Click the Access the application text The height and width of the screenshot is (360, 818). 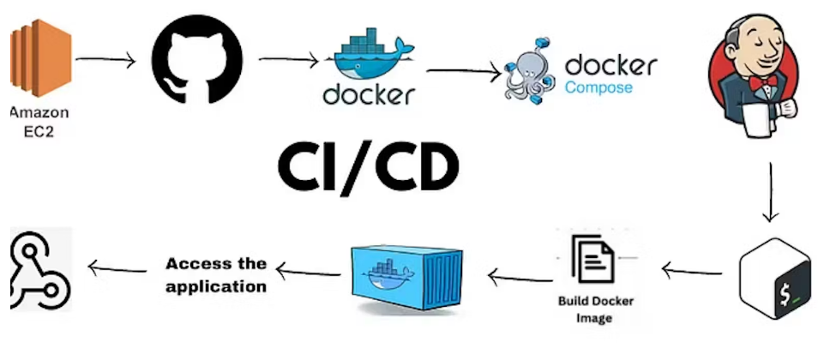[216, 274]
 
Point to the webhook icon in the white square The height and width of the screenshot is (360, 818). [38, 268]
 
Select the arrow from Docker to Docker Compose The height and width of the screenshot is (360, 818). [463, 72]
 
